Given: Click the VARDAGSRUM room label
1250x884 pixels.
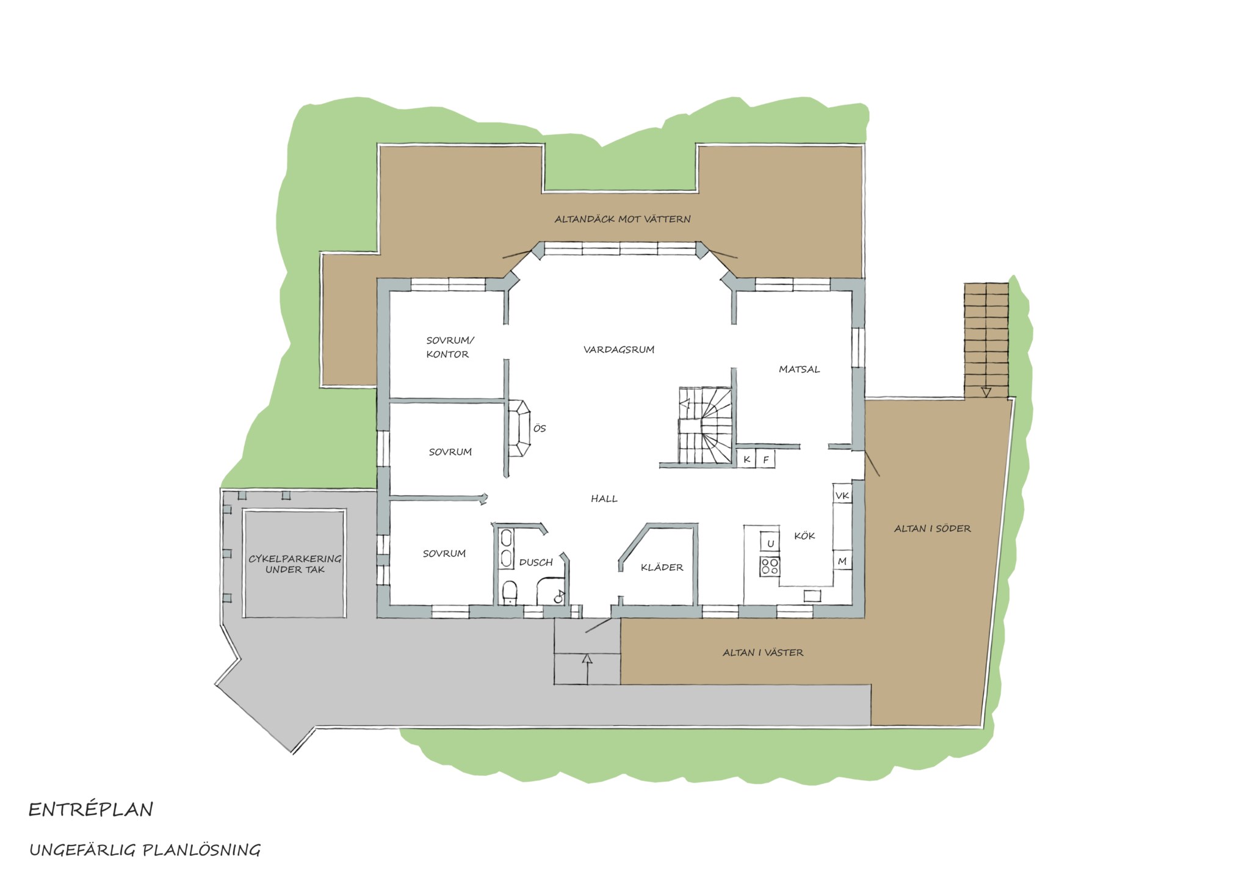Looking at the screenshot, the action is (619, 350).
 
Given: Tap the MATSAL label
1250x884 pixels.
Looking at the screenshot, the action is (799, 369).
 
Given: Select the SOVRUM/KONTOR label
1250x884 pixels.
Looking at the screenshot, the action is (449, 347).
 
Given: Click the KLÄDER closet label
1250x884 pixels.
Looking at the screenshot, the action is (662, 567).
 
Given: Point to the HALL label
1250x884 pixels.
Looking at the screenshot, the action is (604, 499).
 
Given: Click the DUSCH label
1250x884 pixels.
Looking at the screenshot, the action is (536, 562).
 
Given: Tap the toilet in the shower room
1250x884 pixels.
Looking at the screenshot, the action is (508, 593).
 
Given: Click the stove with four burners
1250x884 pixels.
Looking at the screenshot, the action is (770, 566).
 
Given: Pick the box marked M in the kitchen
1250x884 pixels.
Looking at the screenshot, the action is (842, 561).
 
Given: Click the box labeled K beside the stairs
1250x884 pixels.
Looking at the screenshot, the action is (747, 459).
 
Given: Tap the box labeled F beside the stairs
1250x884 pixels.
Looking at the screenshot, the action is (765, 459).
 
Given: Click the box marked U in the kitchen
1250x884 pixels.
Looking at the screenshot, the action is (770, 543).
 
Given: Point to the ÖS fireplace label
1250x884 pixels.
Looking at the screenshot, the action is (540, 429).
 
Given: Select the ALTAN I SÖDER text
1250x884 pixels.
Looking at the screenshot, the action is (932, 529).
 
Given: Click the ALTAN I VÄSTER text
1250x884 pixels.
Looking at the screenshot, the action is (763, 653).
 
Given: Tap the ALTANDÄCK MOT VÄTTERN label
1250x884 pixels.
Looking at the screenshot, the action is (623, 219).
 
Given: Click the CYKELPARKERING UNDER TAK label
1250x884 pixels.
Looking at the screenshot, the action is (295, 564).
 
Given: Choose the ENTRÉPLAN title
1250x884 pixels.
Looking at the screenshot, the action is (91, 810).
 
